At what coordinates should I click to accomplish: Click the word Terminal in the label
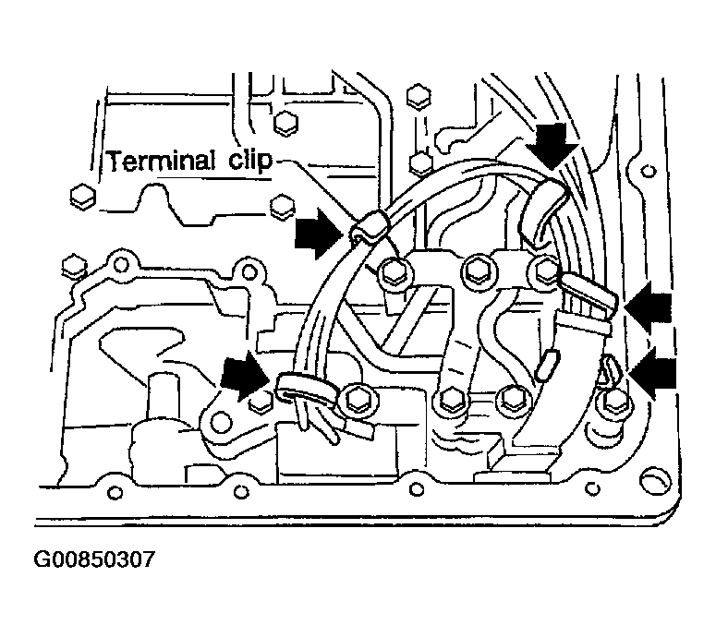click(162, 161)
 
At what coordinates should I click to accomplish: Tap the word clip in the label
click(250, 161)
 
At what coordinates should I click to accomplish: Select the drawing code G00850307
click(94, 559)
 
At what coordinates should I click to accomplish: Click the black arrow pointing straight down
click(552, 145)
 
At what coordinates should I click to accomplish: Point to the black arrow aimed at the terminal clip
click(318, 234)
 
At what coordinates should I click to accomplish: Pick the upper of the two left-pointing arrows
click(649, 306)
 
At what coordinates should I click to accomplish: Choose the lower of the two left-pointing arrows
click(652, 373)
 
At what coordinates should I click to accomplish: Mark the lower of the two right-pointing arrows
click(244, 376)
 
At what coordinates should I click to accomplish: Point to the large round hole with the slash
click(655, 481)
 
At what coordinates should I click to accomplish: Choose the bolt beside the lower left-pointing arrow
click(612, 403)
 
